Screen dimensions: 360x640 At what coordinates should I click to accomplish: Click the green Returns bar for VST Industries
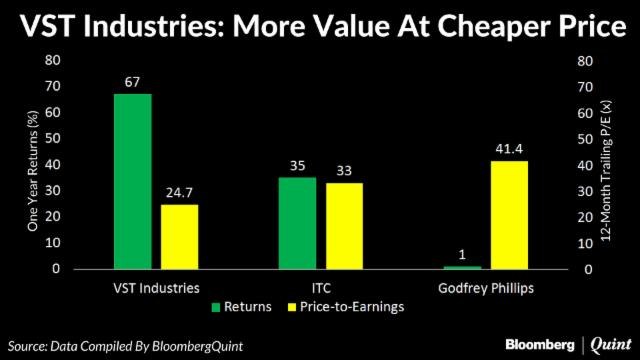tap(132, 181)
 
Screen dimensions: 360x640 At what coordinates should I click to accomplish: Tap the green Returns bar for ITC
tap(297, 223)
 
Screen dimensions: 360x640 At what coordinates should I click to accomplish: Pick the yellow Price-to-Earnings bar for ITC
tap(344, 226)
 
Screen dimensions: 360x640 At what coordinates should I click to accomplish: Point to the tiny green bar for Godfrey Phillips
tap(461, 267)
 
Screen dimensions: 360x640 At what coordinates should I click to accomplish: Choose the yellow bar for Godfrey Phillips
tap(508, 215)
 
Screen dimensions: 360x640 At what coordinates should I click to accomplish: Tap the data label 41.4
tap(508, 149)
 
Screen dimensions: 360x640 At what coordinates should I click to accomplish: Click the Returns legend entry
tap(241, 307)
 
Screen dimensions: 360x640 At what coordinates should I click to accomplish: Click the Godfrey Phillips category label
tap(484, 288)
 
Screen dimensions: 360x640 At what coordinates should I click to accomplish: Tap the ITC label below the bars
tap(320, 288)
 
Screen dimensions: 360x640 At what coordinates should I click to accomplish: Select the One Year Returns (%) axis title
tap(32, 166)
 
